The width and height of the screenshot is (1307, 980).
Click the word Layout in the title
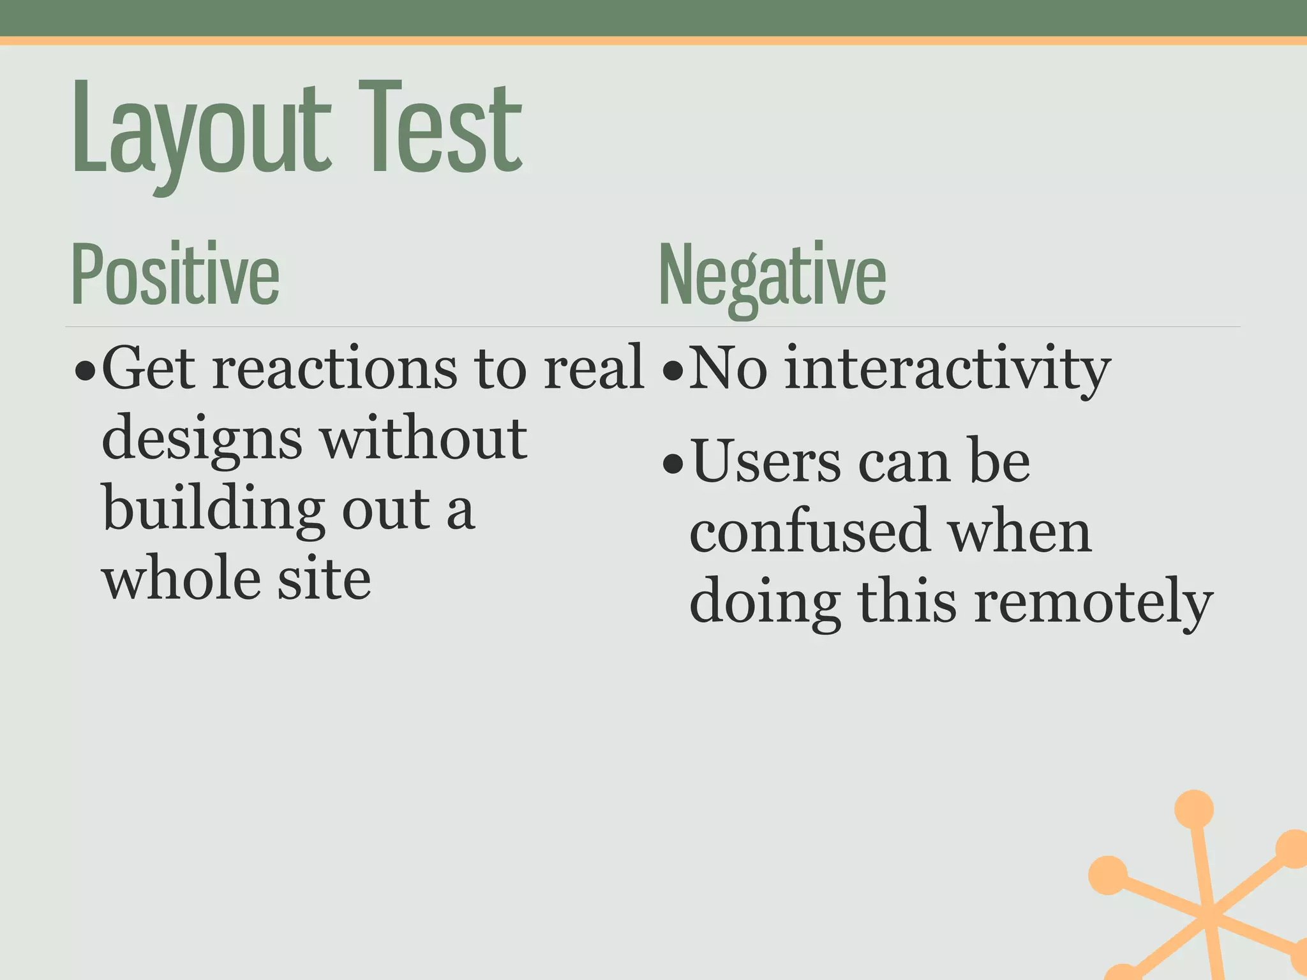pos(201,131)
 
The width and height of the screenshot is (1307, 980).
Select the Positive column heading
pos(176,274)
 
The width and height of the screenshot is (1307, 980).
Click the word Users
pos(766,463)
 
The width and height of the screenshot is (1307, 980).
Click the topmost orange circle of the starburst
pos(1193,809)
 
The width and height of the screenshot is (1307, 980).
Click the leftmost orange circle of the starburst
pos(1108,875)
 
